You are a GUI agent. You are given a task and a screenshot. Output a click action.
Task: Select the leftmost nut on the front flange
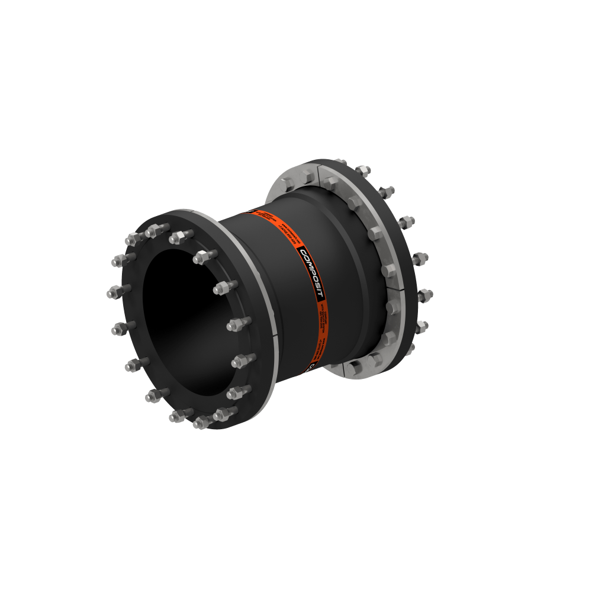coord(114,291)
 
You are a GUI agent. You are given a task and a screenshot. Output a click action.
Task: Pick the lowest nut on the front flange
coord(201,422)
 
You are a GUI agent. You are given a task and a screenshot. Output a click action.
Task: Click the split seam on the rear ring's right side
coord(393,287)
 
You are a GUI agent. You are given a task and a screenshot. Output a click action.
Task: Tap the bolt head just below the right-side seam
coord(391,306)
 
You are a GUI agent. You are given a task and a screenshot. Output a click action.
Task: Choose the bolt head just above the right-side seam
coord(388,271)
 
